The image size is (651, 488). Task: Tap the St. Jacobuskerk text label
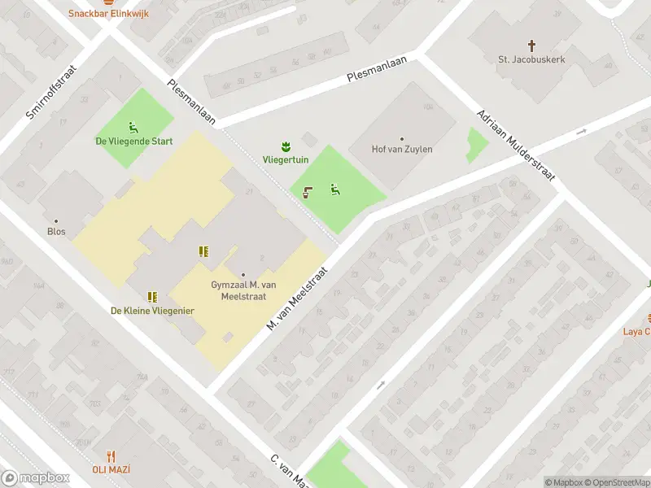click(x=531, y=59)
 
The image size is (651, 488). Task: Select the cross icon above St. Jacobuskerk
click(x=532, y=46)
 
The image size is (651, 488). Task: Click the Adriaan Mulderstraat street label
click(x=515, y=145)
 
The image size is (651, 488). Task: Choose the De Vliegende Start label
click(x=134, y=141)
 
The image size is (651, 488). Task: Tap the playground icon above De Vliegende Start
click(x=133, y=126)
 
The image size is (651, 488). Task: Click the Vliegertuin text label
click(x=285, y=161)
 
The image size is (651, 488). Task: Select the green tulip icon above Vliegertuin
click(x=286, y=146)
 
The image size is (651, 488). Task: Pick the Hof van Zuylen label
click(x=402, y=150)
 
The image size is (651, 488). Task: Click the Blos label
click(x=56, y=231)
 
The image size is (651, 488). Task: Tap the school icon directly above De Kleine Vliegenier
click(x=152, y=297)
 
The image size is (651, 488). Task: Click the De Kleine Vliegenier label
click(x=152, y=311)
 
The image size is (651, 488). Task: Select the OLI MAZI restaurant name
click(x=111, y=469)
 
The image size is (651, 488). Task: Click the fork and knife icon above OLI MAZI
click(x=111, y=456)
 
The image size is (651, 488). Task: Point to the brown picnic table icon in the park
click(x=308, y=192)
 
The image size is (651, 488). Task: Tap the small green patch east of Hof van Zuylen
click(x=476, y=145)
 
